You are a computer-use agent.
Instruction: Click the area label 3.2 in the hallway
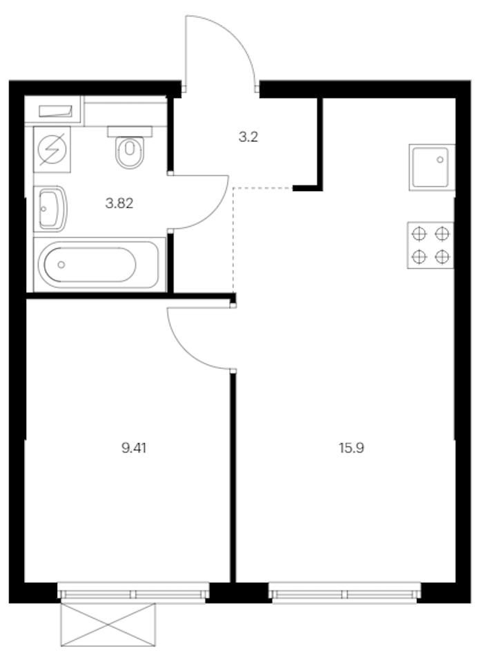click(248, 137)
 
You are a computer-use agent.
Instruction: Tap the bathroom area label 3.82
click(119, 203)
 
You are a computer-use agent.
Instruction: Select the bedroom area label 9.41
click(134, 448)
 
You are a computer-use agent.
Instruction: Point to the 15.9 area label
click(351, 448)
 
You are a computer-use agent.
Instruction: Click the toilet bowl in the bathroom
click(130, 152)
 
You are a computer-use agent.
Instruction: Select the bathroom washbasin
click(52, 209)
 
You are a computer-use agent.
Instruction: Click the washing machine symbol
click(52, 150)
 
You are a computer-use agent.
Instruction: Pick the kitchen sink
click(431, 168)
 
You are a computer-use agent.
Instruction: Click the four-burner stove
click(431, 246)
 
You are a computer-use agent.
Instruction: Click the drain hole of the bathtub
click(61, 265)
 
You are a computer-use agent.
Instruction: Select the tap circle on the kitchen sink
click(440, 159)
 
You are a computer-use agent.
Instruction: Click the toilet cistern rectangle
click(130, 132)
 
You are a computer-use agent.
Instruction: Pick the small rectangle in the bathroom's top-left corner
click(55, 111)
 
